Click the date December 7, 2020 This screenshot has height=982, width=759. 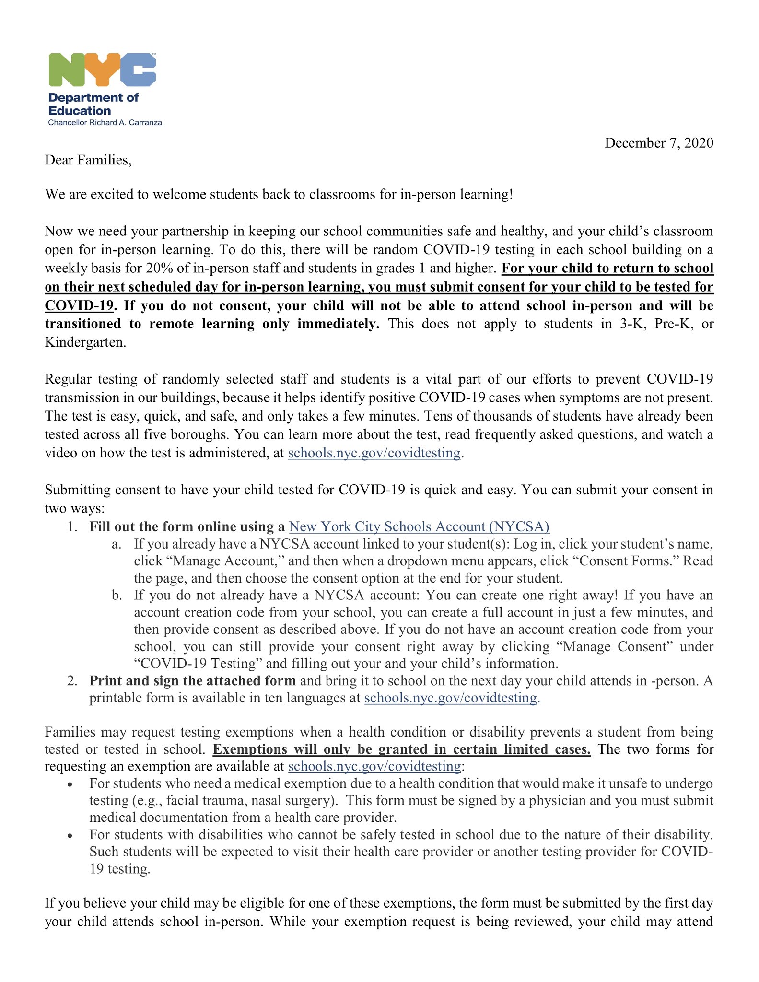(x=658, y=143)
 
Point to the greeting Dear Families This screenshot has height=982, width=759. (x=88, y=160)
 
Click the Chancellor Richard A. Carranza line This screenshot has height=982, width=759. (x=105, y=123)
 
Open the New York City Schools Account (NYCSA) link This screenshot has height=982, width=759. (x=419, y=526)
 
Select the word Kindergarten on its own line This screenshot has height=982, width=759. (x=85, y=342)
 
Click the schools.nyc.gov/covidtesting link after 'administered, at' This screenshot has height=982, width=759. (x=374, y=453)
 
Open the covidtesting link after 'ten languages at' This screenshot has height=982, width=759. (x=451, y=698)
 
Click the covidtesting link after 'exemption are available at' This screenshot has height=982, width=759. (x=374, y=766)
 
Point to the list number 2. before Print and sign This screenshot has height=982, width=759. (x=72, y=681)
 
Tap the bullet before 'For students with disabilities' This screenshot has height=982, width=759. (x=70, y=836)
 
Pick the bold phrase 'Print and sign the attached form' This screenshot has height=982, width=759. (x=193, y=681)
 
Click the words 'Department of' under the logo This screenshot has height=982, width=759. (x=93, y=97)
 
